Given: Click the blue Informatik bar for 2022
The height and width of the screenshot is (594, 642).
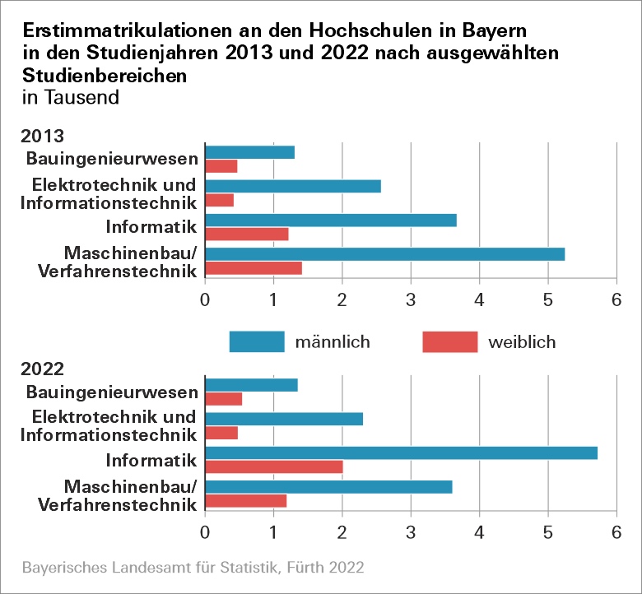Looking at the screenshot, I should tap(401, 453).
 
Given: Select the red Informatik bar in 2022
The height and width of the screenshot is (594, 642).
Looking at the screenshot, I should tap(273, 467).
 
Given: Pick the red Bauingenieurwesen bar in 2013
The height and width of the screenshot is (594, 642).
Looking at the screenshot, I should tap(221, 166).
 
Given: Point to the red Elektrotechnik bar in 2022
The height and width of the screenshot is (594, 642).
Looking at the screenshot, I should tap(221, 433).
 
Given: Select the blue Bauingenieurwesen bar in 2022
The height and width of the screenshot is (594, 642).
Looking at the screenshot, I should tap(251, 385).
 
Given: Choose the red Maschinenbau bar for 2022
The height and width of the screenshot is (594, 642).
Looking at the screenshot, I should tap(245, 501).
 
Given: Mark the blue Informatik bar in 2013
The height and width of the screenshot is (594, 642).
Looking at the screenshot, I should tap(330, 220).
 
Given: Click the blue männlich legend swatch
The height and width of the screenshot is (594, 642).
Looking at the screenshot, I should tap(256, 341).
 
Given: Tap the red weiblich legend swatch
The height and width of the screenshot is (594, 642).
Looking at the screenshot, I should tap(449, 341).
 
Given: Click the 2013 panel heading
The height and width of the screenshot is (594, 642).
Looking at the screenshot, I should tap(43, 137).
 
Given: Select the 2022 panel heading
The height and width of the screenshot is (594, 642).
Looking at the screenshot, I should tap(43, 369).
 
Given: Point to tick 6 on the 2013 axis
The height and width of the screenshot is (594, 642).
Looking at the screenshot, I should tap(615, 299).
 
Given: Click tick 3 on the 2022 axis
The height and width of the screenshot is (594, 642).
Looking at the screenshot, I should tap(410, 532).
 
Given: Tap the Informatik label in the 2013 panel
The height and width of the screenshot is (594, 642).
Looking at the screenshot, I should tap(151, 226).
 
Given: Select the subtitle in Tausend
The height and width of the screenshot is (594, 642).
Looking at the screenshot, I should tap(72, 97).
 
